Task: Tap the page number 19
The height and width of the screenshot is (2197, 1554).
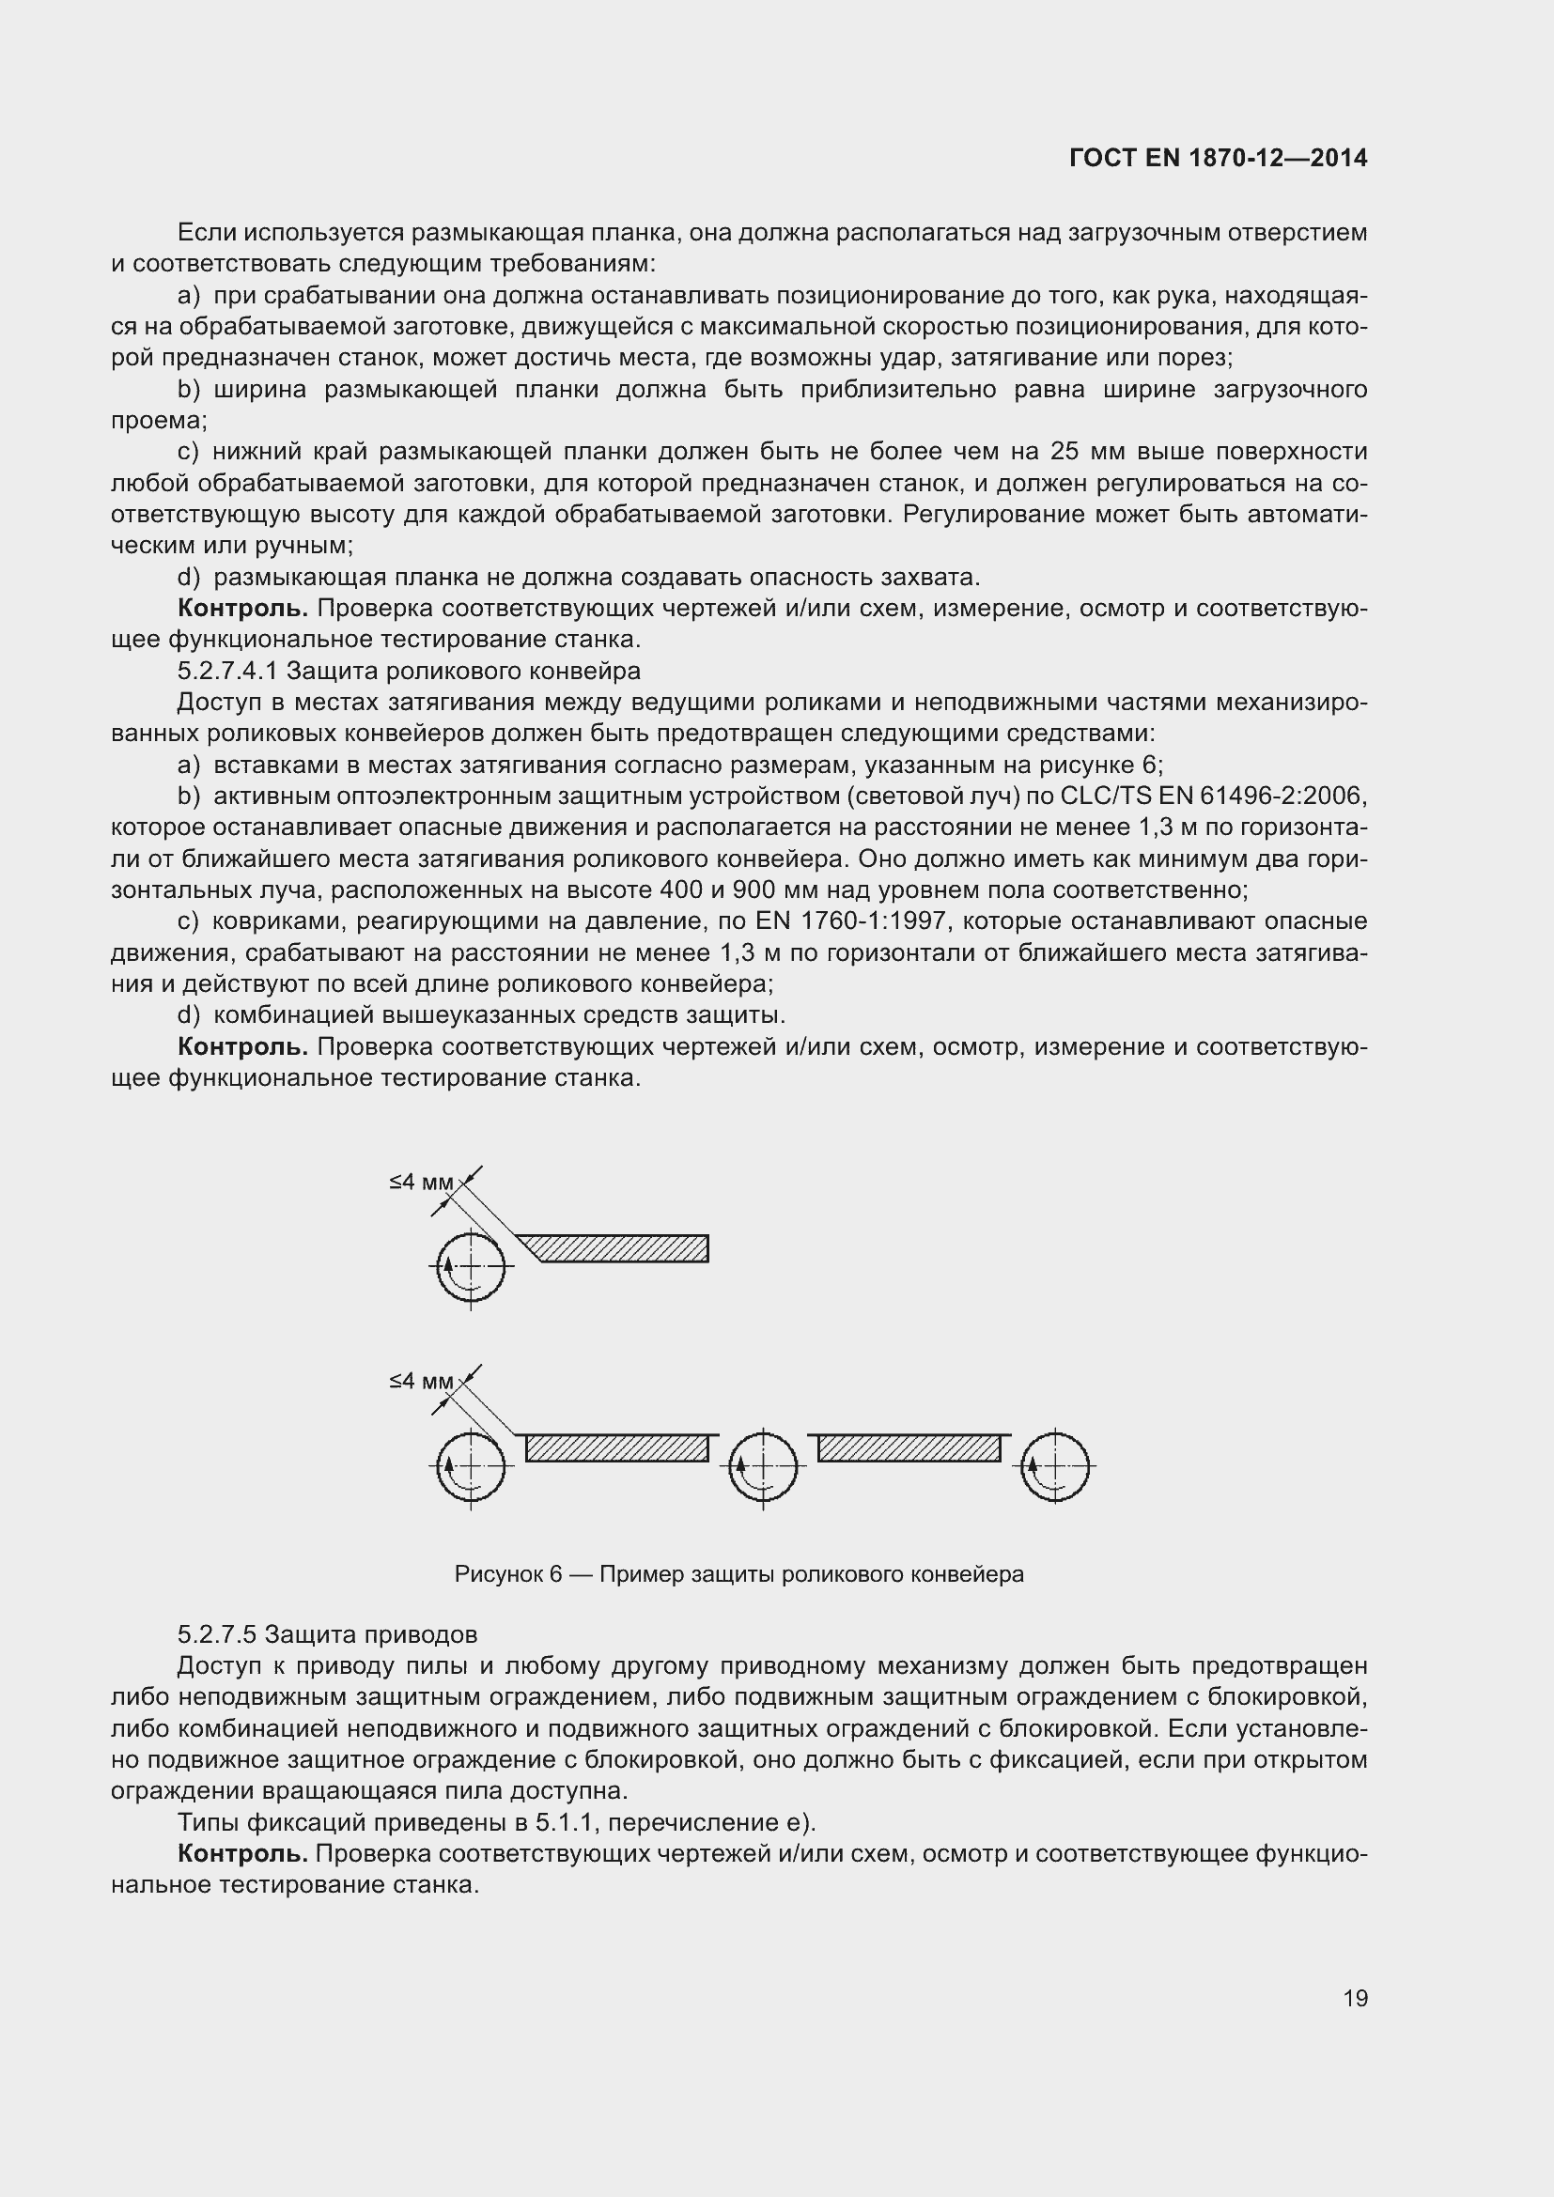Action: point(1355,1998)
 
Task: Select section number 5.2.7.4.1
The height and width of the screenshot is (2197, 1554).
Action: point(227,671)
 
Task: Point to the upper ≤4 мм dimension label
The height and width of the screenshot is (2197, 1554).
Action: point(420,1182)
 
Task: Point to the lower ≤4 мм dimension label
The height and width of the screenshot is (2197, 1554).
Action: point(420,1381)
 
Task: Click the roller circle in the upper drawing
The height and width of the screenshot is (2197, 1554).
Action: point(470,1266)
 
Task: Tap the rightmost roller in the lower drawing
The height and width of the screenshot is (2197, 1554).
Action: point(1054,1465)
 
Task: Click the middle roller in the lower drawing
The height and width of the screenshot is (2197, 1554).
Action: point(763,1465)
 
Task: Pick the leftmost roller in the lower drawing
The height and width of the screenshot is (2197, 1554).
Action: point(470,1465)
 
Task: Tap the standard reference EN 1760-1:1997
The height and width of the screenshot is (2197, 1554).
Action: point(858,921)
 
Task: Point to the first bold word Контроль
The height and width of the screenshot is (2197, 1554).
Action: point(242,608)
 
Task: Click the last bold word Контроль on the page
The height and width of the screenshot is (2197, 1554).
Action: point(242,1853)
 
